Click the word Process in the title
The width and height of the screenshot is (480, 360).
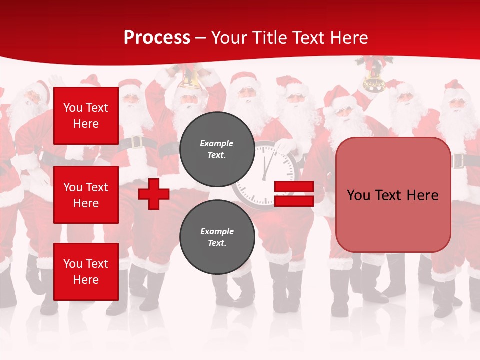(x=157, y=38)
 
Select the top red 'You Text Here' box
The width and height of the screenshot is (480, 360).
(x=86, y=116)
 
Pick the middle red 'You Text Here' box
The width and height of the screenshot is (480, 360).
(x=86, y=195)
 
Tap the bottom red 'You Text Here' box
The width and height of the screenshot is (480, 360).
(x=86, y=272)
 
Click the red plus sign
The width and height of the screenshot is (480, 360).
(x=154, y=194)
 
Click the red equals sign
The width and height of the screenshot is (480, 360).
(x=294, y=194)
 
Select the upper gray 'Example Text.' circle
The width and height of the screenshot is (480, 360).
(x=217, y=149)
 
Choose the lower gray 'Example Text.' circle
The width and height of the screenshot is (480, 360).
(x=217, y=237)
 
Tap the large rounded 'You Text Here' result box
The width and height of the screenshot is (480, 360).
(x=393, y=195)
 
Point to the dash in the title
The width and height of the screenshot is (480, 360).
(x=201, y=39)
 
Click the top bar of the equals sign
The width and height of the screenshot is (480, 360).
(x=294, y=186)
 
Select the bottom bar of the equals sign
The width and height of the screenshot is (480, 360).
(x=294, y=201)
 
